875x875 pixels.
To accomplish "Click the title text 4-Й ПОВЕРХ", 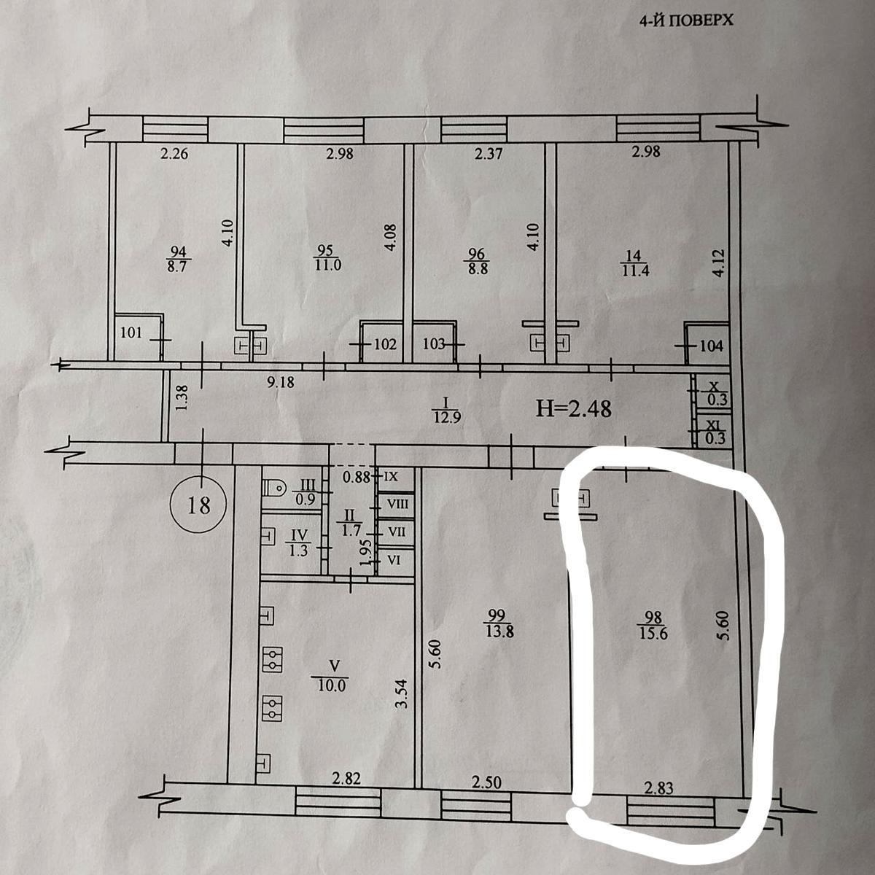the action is (686, 21).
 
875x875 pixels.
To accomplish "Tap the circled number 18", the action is (198, 505).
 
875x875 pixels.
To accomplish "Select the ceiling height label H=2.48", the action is (574, 408).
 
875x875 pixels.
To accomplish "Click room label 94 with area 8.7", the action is (176, 258).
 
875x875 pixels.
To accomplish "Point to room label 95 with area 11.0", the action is (327, 258).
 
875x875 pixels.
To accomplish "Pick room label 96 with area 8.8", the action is (477, 261).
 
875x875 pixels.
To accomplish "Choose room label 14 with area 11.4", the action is (634, 263).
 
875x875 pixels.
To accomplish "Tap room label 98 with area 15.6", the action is (653, 626).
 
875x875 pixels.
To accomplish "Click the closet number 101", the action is (132, 332).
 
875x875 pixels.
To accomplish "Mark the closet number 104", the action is (712, 346).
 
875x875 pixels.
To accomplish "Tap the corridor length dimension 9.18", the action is (281, 382).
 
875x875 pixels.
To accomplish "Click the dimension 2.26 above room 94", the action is (174, 154).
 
